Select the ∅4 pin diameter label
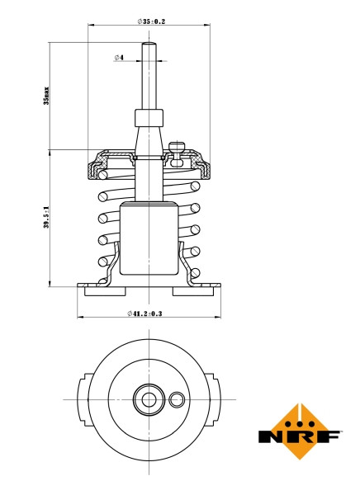tap(119, 58)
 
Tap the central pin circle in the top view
tap(149, 400)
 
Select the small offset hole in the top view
tap(176, 400)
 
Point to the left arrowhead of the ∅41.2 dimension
tap(80, 317)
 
